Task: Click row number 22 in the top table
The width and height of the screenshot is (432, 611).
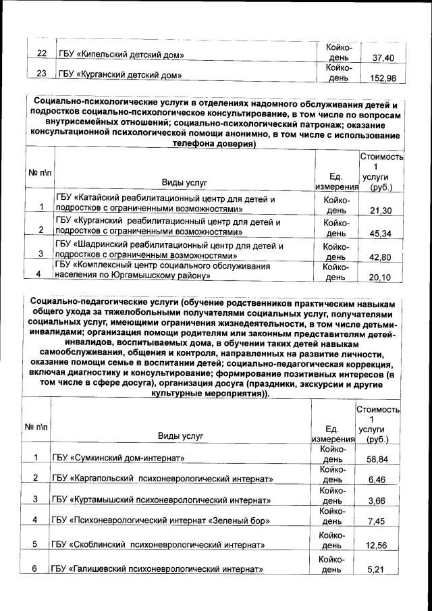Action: point(40,53)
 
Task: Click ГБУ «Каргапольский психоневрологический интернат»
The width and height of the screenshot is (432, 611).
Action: point(162,479)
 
